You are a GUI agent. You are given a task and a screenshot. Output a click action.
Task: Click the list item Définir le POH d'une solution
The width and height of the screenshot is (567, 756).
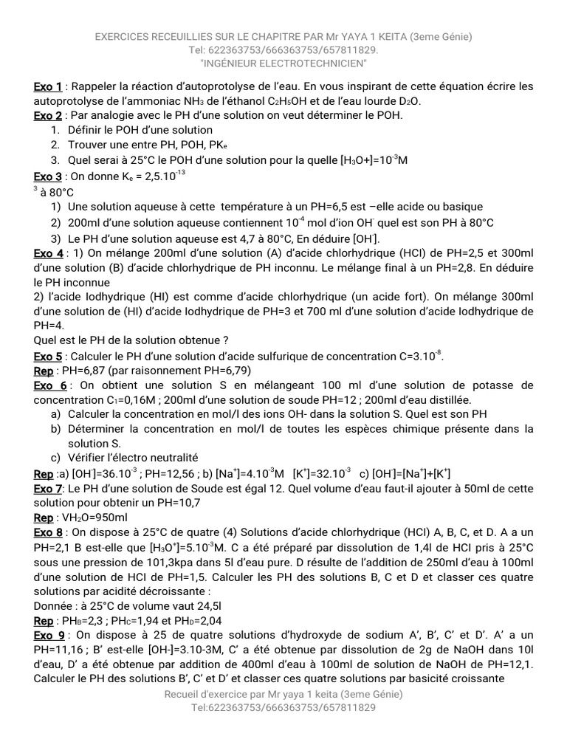tap(140, 130)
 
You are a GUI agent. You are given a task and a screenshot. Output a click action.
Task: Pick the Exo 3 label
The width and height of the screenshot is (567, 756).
tap(48, 176)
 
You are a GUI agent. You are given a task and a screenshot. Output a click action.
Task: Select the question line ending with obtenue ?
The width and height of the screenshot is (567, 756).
tap(131, 340)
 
